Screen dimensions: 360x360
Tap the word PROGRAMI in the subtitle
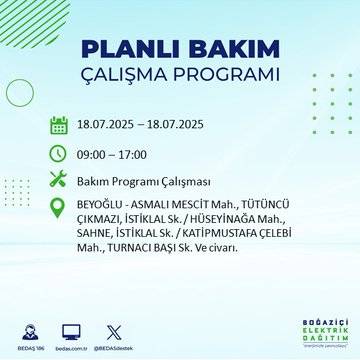pyautogui.click(x=226, y=77)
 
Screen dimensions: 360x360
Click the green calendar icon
pyautogui.click(x=59, y=126)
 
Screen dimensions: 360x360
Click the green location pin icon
pyautogui.click(x=59, y=209)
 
